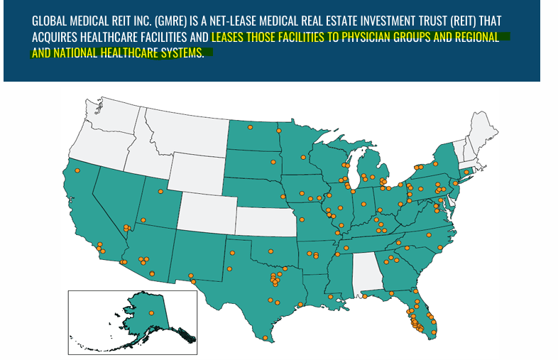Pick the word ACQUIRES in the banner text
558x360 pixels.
(56, 37)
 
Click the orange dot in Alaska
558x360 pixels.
(151, 313)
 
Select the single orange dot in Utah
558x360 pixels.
(160, 192)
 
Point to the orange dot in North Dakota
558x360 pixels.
(250, 128)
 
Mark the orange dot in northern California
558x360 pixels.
(77, 171)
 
